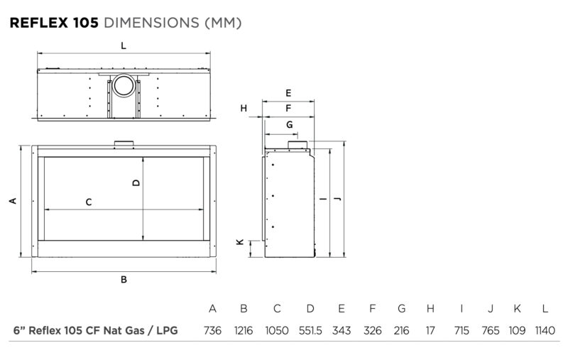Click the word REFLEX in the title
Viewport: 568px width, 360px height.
(39, 23)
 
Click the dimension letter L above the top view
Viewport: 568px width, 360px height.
(124, 46)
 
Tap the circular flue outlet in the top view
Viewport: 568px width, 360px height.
(124, 85)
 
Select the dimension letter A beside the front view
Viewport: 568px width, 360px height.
(13, 201)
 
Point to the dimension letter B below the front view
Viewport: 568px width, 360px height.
(124, 280)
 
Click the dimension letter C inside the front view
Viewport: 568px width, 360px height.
(89, 202)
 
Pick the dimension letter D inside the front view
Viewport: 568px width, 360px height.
(136, 182)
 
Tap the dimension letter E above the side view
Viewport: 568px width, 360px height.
(288, 93)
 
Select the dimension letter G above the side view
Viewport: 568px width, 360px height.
(290, 124)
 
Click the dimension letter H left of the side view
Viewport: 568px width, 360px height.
(244, 108)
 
